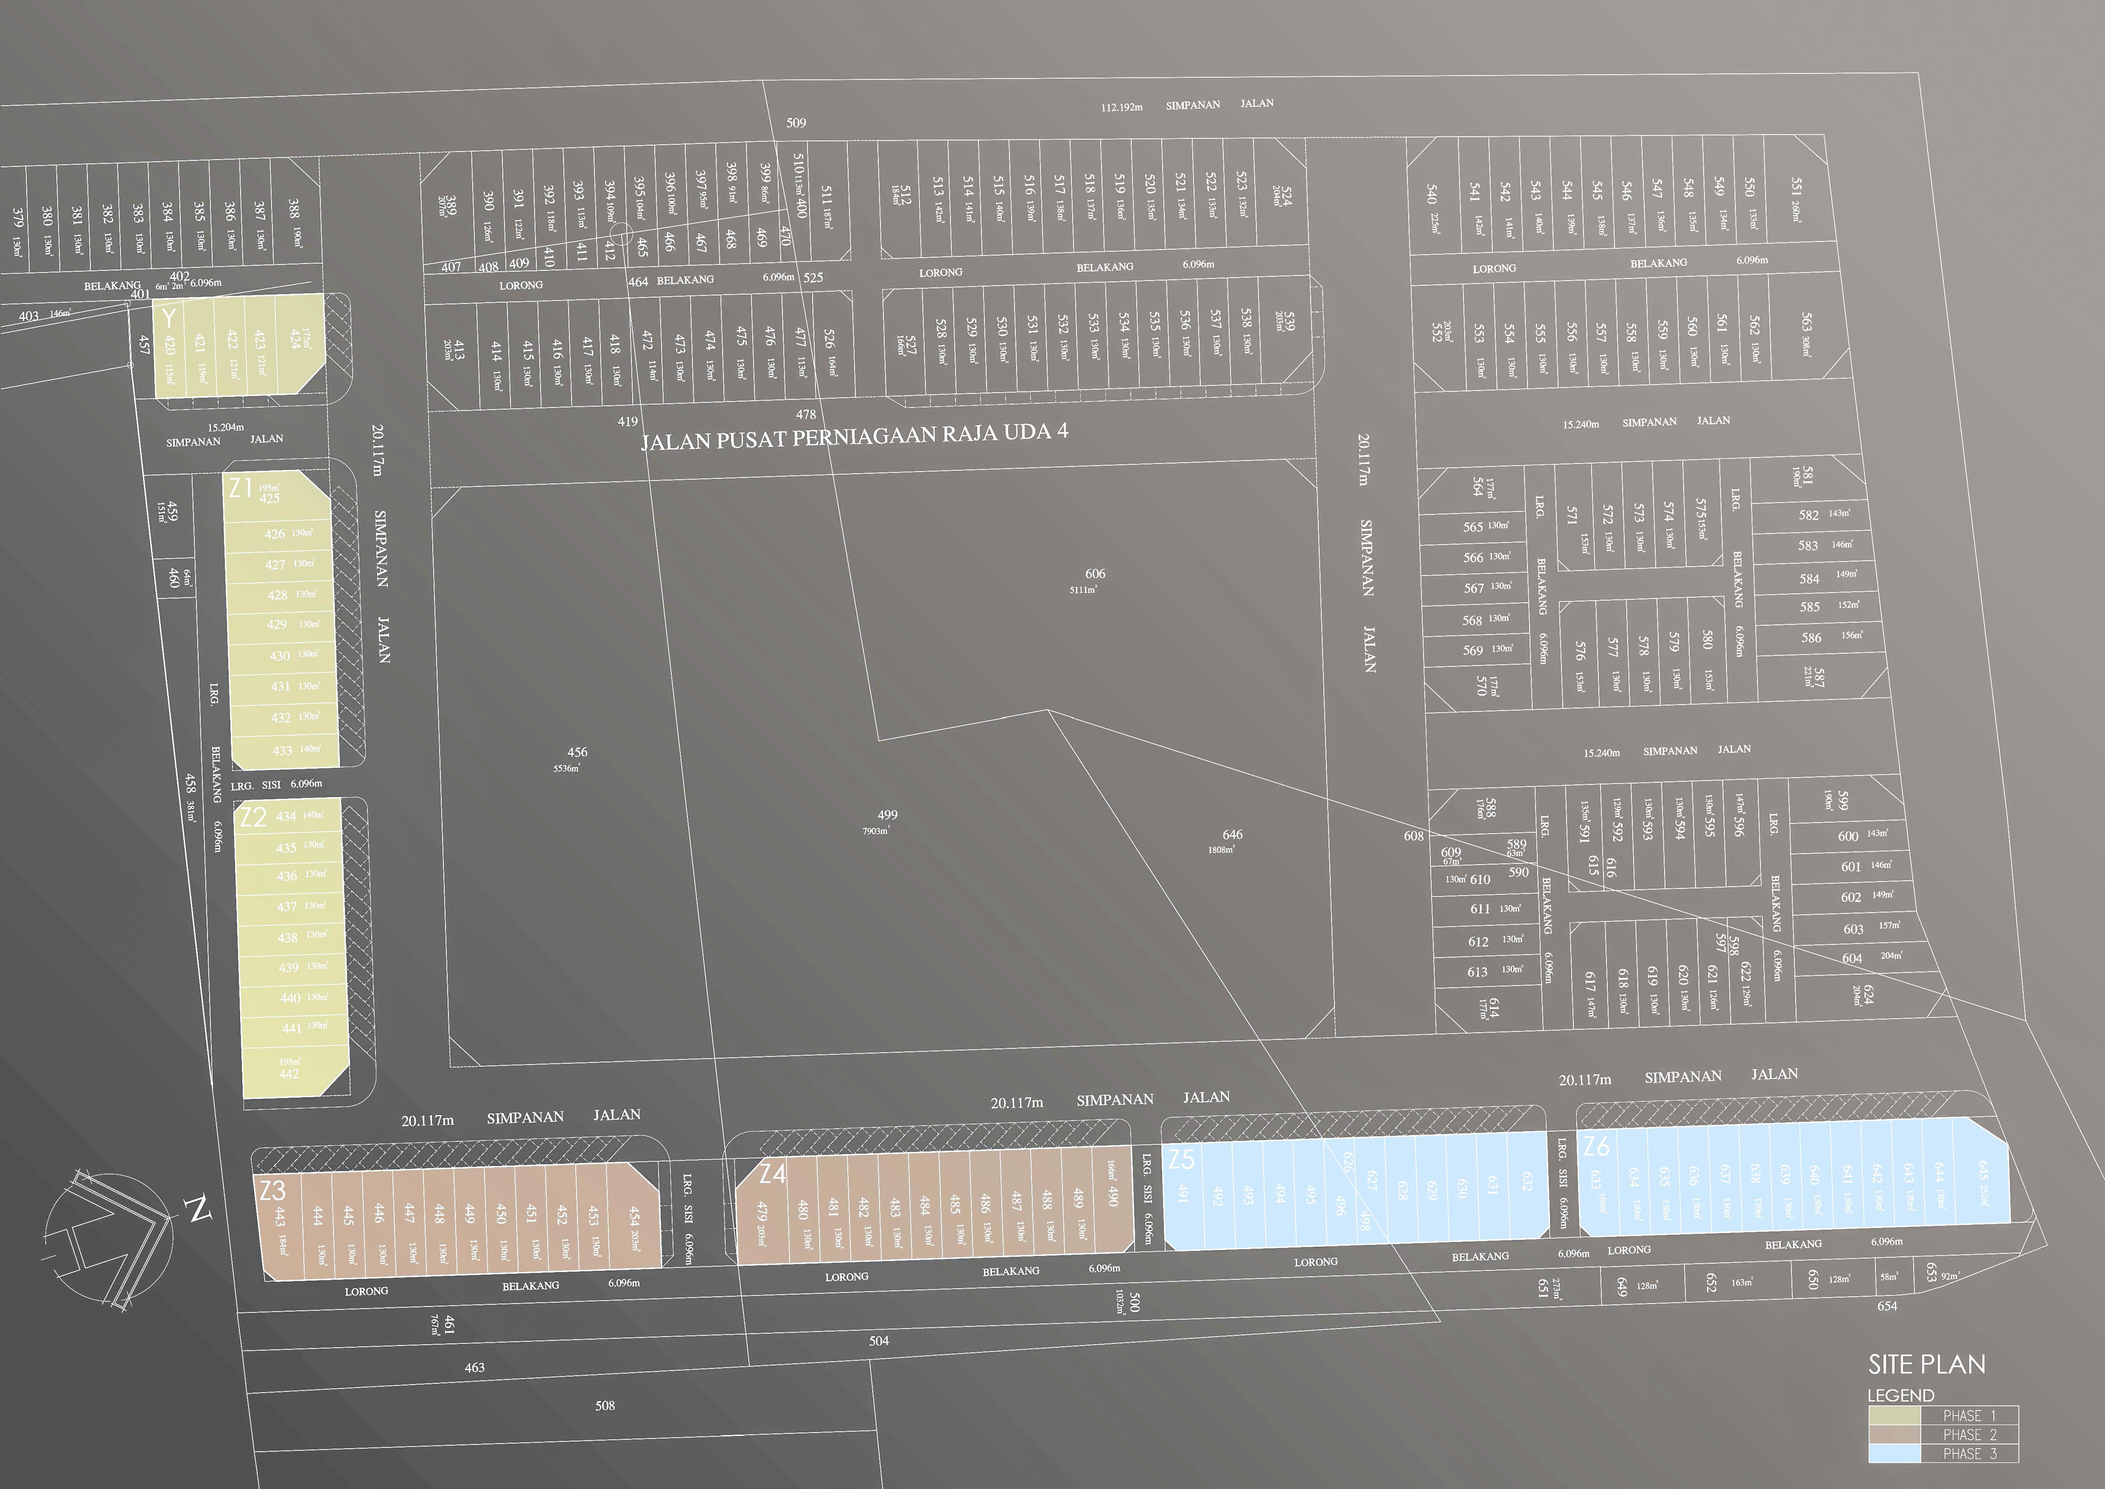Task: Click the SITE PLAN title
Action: click(x=1926, y=1364)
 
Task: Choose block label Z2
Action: click(x=253, y=817)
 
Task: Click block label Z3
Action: click(x=272, y=1190)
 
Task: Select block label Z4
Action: click(x=773, y=1174)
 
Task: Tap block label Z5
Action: click(x=1182, y=1160)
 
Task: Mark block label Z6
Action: click(x=1596, y=1146)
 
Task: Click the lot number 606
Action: click(x=1095, y=574)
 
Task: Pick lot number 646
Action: click(x=1232, y=834)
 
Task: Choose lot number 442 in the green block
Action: click(x=289, y=1073)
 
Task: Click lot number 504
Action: click(x=878, y=1340)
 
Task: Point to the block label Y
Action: click(x=168, y=318)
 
